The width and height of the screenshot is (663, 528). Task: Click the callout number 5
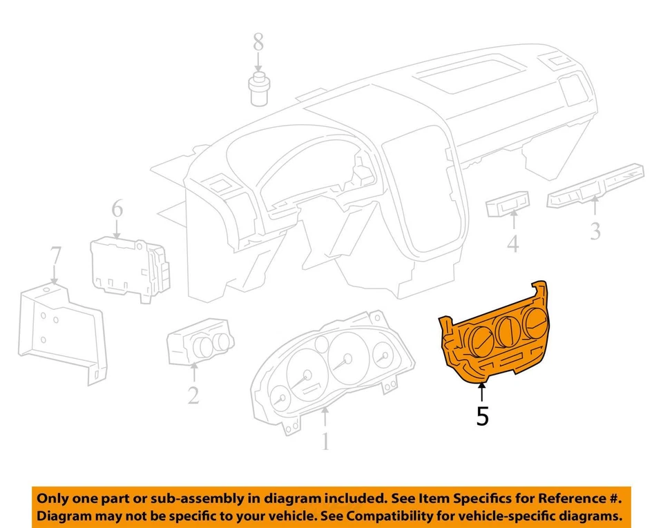(482, 416)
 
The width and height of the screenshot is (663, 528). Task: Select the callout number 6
(117, 208)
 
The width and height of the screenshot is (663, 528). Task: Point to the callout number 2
(193, 394)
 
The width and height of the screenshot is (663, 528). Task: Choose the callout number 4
(512, 244)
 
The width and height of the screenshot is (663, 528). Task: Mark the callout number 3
(595, 230)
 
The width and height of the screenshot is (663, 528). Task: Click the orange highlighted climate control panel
(494, 338)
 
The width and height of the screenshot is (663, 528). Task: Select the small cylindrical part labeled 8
(258, 88)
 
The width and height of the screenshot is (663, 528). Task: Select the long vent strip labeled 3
(595, 186)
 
